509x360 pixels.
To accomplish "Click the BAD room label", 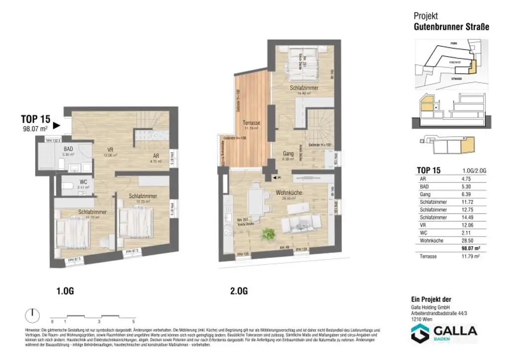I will point(69,148).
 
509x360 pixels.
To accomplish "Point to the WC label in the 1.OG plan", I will point(83,182).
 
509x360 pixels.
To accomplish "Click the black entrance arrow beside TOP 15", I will point(56,126).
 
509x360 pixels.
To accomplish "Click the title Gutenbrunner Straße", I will point(451,27).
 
